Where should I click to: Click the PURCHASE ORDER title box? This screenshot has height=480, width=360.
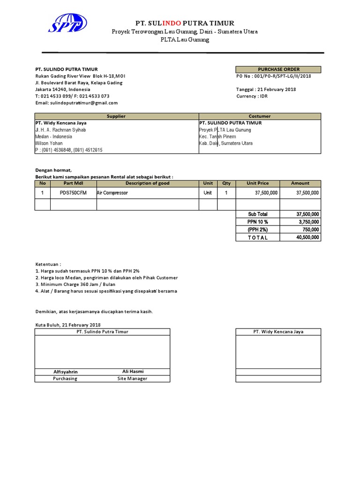278,69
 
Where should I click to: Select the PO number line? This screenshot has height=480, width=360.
273,76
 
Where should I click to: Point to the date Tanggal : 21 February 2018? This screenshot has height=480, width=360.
266,90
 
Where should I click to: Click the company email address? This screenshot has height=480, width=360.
77,103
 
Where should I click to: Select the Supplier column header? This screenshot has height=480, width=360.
116,116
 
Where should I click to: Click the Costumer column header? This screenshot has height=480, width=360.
260,116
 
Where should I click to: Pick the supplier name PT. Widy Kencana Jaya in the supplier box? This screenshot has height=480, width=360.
61,123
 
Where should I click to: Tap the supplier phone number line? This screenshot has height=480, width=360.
69,150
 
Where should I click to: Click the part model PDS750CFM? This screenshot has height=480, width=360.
73,193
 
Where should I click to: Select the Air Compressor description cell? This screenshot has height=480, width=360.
112,193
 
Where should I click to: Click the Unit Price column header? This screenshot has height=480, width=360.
258,183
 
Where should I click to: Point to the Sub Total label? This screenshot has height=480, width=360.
258,214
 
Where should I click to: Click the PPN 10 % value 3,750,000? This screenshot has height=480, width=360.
308,222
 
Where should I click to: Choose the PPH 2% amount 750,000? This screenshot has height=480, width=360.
311,230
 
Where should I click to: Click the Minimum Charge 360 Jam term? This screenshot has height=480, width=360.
75,284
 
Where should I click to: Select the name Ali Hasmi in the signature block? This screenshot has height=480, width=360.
132,371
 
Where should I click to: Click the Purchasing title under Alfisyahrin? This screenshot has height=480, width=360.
65,378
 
